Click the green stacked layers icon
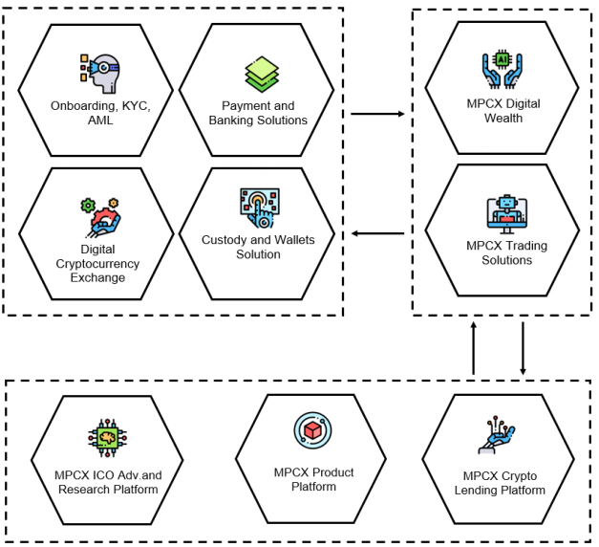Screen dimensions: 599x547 (262, 75)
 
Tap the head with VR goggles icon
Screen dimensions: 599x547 (100, 74)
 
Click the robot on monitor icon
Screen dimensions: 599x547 (507, 214)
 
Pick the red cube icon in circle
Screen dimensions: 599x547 (312, 430)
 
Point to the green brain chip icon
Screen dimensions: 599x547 (107, 438)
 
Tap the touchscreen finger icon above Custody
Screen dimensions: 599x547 (260, 208)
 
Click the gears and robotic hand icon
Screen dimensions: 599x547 (100, 217)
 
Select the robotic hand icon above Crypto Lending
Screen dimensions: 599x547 (497, 435)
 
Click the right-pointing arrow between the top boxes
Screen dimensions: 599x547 (377, 114)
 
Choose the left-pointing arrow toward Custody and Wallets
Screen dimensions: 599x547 (377, 233)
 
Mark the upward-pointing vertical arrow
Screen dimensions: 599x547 (474, 348)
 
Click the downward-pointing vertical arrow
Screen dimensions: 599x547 (523, 348)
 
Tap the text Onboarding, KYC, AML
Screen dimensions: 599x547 (100, 113)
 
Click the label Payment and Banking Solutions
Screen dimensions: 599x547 (258, 113)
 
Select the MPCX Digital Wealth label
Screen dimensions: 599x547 (503, 111)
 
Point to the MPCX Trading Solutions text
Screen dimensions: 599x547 (507, 252)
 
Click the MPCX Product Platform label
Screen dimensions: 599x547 (313, 479)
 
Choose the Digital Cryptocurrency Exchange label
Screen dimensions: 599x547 (97, 263)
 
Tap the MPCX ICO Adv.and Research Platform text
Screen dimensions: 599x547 (108, 482)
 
